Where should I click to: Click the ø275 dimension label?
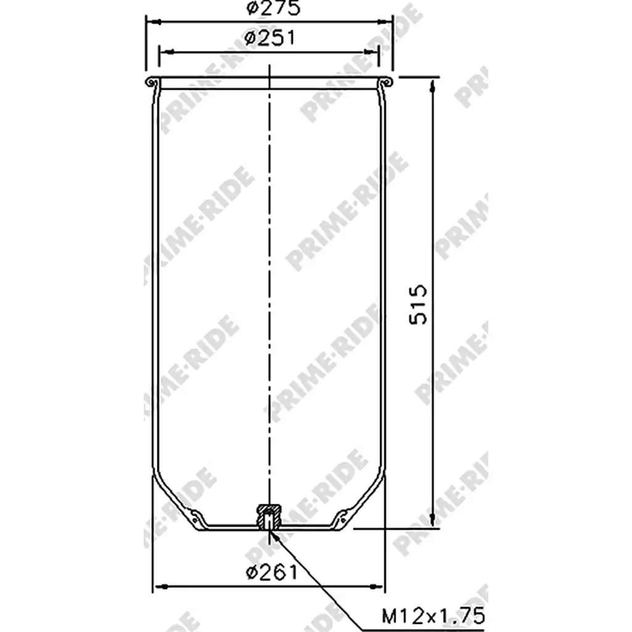pyautogui.click(x=273, y=7)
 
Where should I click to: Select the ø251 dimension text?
pyautogui.click(x=270, y=38)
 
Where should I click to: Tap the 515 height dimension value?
pyautogui.click(x=418, y=304)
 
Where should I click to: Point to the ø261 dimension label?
pyautogui.click(x=272, y=572)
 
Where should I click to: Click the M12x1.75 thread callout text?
pyautogui.click(x=433, y=616)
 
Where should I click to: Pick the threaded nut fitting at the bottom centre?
pyautogui.click(x=269, y=517)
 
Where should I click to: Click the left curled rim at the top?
pyautogui.click(x=151, y=81)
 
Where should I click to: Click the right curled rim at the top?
pyautogui.click(x=386, y=81)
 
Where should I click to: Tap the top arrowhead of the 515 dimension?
pyautogui.click(x=433, y=86)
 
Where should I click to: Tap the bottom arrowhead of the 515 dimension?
pyautogui.click(x=433, y=519)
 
